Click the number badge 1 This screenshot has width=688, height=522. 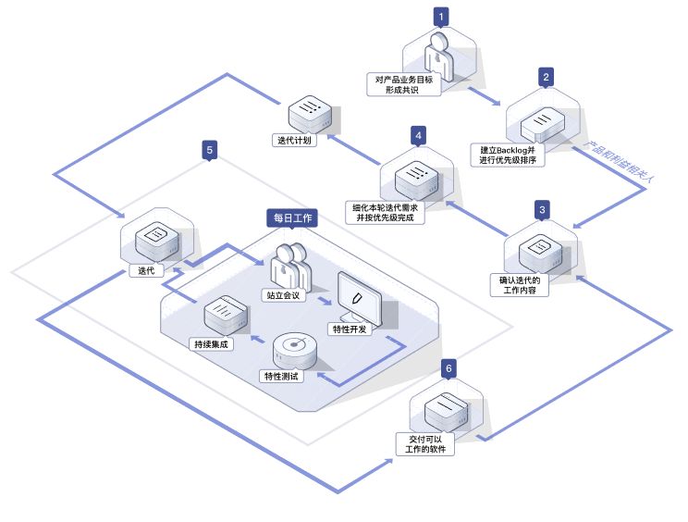[443, 16]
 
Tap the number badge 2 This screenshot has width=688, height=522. [547, 77]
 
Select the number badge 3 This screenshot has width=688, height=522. [542, 210]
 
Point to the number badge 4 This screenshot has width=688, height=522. [418, 136]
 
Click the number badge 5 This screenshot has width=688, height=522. [210, 148]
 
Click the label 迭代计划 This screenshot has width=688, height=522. [295, 141]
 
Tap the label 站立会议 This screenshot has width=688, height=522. [284, 296]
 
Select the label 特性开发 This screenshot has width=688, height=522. [351, 329]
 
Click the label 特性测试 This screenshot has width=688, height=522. [284, 377]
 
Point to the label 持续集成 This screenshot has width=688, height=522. [211, 343]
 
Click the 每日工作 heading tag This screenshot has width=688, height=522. [291, 218]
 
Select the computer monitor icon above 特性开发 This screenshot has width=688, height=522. [359, 296]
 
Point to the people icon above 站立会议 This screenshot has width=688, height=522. [291, 264]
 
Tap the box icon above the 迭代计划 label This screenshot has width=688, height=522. [308, 115]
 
